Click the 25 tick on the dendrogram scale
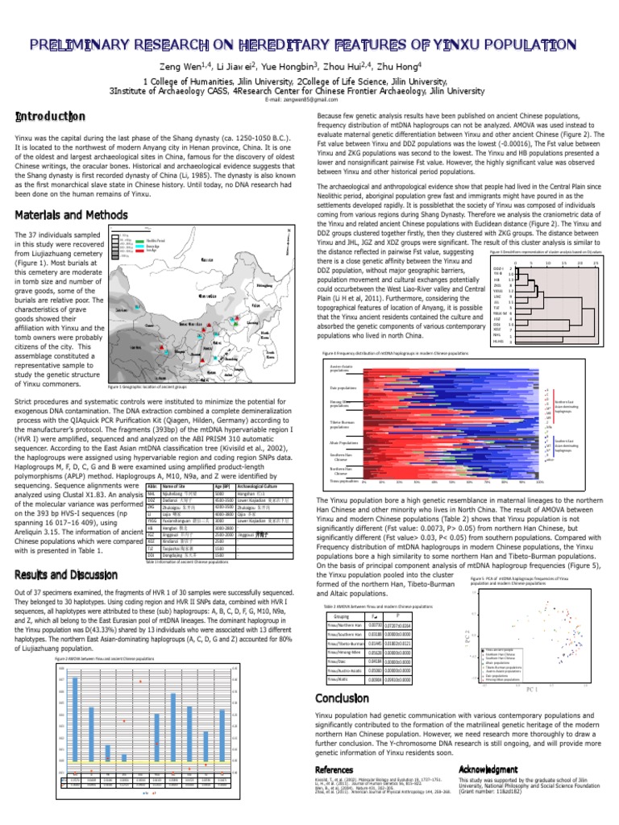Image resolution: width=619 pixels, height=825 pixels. (596, 263)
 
